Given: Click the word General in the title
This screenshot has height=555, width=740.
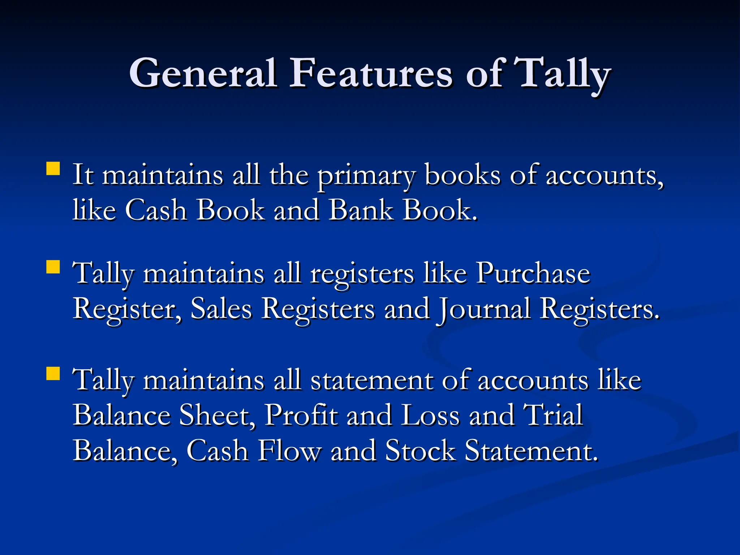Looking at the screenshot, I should pyautogui.click(x=203, y=73).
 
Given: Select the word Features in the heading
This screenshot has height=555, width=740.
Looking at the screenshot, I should pyautogui.click(x=370, y=73).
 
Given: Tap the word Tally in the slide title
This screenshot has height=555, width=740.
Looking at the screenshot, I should pyautogui.click(x=562, y=73).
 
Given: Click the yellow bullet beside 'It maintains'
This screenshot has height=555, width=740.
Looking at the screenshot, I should pyautogui.click(x=53, y=168).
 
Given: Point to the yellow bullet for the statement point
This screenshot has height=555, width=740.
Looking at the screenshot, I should pyautogui.click(x=53, y=374).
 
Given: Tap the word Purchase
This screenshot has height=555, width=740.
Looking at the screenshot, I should pyautogui.click(x=533, y=274).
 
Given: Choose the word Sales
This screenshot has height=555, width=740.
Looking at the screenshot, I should pyautogui.click(x=221, y=309).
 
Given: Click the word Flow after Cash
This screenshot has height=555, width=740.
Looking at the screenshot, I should pyautogui.click(x=289, y=451).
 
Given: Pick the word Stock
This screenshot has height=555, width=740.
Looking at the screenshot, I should pyautogui.click(x=420, y=451).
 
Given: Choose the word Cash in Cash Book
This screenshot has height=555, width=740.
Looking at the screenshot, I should pyautogui.click(x=156, y=210).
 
